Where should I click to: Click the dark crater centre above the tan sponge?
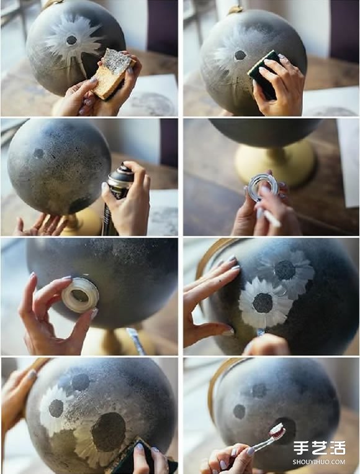pyautogui.click(x=71, y=40)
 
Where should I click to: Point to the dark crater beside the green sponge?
pyautogui.click(x=240, y=55)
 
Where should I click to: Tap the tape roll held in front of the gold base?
pyautogui.click(x=263, y=188)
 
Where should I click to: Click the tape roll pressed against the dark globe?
pyautogui.click(x=80, y=295)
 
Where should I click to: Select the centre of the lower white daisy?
pyautogui.click(x=263, y=303)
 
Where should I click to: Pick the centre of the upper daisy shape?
pyautogui.click(x=284, y=270)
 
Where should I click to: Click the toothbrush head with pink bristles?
pyautogui.click(x=277, y=431)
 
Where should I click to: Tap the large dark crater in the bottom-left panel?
pyautogui.click(x=109, y=432)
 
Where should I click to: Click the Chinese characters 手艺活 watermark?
pyautogui.click(x=319, y=448)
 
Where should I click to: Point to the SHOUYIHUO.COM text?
pyautogui.click(x=318, y=462)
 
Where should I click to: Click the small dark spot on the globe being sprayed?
pyautogui.click(x=38, y=153)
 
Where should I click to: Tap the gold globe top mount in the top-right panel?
pyautogui.click(x=236, y=9)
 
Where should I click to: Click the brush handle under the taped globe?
pyautogui.click(x=137, y=341)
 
